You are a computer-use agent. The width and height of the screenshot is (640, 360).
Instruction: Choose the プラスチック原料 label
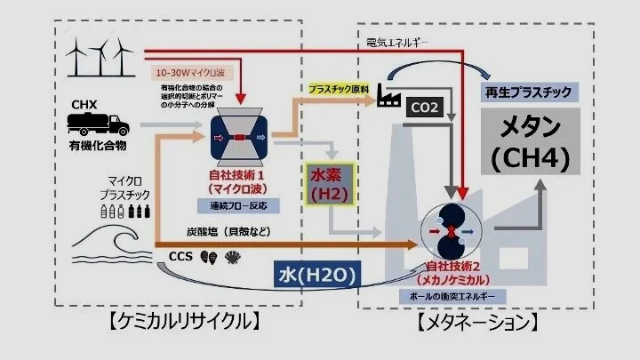339,90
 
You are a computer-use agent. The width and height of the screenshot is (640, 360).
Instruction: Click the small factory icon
388,93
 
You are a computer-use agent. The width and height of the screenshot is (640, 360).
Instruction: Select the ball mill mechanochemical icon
452,228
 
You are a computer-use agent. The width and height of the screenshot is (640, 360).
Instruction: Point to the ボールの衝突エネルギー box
454,294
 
